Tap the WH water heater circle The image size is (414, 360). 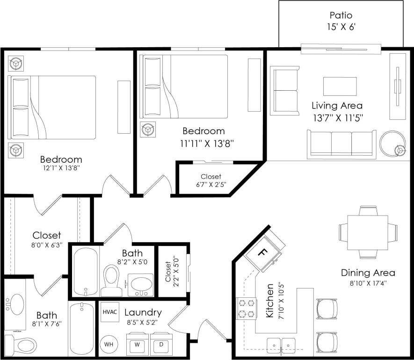pos(109,344)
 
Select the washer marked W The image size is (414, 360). pos(137,345)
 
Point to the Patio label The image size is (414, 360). pos(341,15)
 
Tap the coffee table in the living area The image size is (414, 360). pos(340,86)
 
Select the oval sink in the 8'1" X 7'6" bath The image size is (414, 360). pos(17,304)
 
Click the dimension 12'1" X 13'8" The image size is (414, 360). pos(61,169)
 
